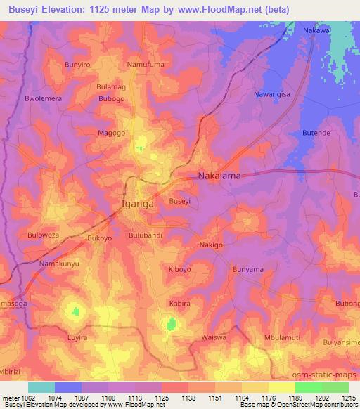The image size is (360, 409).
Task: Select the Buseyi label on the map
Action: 180,201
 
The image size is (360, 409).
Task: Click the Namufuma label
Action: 145,65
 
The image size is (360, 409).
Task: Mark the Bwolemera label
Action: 44,99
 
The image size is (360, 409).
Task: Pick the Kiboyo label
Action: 180,269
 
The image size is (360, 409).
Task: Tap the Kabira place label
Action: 180,304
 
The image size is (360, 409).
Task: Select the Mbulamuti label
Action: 281,337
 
